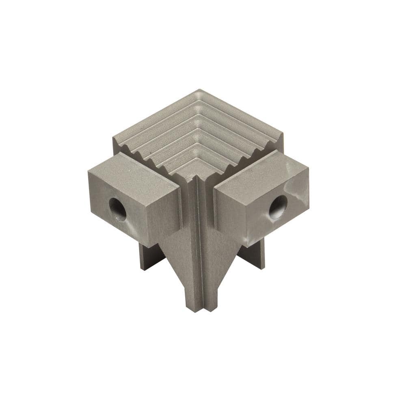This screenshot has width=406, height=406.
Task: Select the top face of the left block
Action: [x=134, y=165]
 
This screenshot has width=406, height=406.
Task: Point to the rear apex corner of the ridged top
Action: [x=199, y=91]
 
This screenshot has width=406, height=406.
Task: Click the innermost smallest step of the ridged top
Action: [x=193, y=171]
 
